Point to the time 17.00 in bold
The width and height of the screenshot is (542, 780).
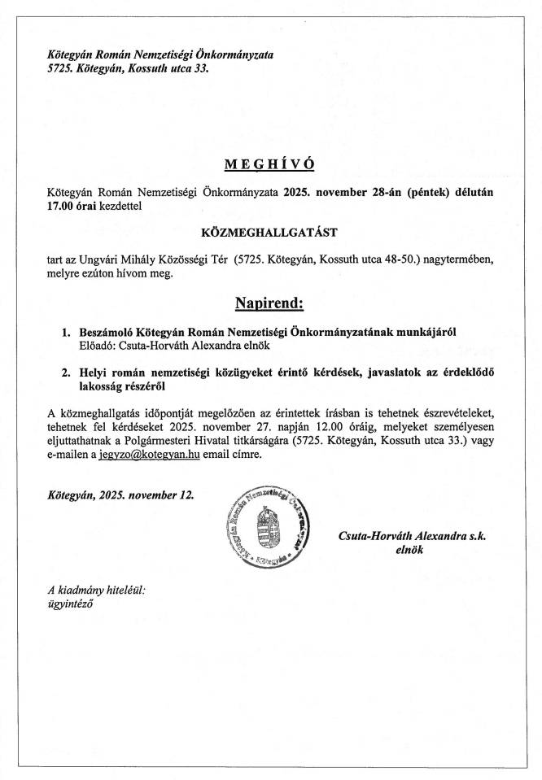coord(65,207)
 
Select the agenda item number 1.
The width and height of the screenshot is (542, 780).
coord(67,333)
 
